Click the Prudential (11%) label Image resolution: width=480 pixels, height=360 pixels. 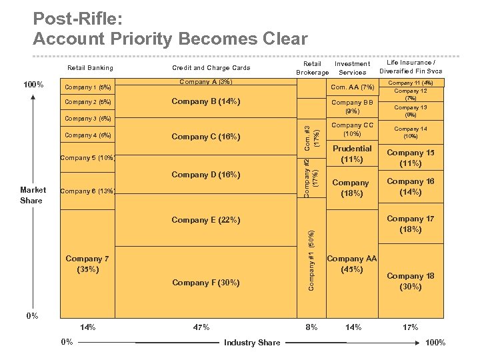tap(352, 154)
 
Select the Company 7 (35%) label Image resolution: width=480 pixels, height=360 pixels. tap(87, 264)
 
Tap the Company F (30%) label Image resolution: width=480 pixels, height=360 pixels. tap(206, 283)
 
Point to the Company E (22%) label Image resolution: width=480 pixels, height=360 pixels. tap(206, 220)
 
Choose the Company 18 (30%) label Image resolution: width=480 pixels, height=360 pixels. tap(411, 281)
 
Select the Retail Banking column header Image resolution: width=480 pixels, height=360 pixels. tap(91, 68)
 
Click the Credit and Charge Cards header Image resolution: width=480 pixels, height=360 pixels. tap(211, 68)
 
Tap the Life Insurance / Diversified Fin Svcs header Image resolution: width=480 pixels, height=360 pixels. tap(411, 67)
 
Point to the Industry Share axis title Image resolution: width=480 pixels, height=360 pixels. tap(252, 343)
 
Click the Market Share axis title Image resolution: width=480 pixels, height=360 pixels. tap(31, 195)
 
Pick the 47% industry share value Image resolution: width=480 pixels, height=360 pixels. tap(201, 327)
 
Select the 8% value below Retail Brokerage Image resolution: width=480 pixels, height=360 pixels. tap(311, 327)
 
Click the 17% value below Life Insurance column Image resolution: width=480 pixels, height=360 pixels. tap(411, 327)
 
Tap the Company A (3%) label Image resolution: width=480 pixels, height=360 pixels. tap(206, 82)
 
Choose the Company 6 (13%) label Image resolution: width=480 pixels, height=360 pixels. tap(87, 192)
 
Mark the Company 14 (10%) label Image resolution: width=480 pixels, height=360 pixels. tap(411, 133)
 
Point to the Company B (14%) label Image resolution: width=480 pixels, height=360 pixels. tap(206, 102)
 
